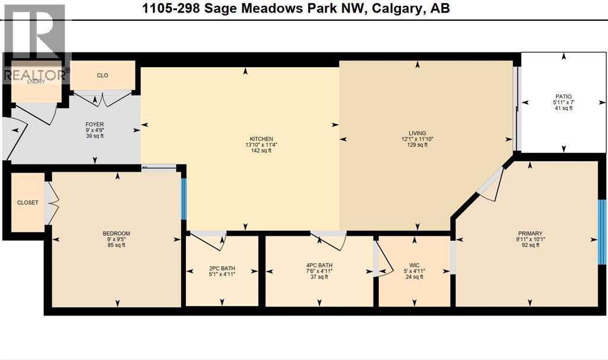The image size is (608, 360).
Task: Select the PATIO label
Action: coord(563,96)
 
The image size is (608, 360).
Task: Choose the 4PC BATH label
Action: coord(317,266)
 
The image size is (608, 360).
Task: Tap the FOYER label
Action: coord(95,125)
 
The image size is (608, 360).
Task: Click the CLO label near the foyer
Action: coord(102,75)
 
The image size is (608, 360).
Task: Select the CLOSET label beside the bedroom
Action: coord(27,203)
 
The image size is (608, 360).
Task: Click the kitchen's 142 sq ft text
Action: coord(261,151)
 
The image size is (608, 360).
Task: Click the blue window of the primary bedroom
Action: coord(602,232)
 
